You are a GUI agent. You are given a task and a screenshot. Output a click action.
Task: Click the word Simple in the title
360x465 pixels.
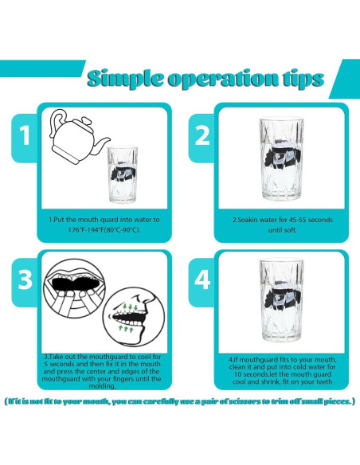click(125, 79)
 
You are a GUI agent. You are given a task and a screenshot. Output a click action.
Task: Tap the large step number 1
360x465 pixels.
click(25, 135)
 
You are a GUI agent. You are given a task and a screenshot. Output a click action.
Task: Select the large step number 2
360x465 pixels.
click(202, 135)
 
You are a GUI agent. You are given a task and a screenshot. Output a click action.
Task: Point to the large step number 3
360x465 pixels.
click(25, 279)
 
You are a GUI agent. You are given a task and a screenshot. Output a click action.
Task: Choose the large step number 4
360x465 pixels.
click(202, 279)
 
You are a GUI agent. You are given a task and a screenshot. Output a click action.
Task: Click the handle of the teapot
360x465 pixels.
click(58, 122)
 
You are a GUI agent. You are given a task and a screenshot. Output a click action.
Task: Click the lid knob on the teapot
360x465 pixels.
click(86, 120)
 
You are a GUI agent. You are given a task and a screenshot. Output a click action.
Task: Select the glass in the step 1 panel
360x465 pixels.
click(122, 174)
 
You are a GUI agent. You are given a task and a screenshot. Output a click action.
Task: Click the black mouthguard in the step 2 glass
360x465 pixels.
click(283, 157)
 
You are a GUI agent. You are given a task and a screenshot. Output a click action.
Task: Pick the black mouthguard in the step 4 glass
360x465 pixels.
click(283, 299)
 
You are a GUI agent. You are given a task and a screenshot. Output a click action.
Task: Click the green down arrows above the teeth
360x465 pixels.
click(130, 307)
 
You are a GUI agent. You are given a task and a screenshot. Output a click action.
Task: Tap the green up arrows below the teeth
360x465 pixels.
click(126, 328)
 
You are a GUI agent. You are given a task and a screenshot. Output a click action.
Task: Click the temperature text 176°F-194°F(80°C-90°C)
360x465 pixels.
click(104, 230)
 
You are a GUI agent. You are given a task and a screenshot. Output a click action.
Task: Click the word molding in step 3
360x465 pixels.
click(102, 386)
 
